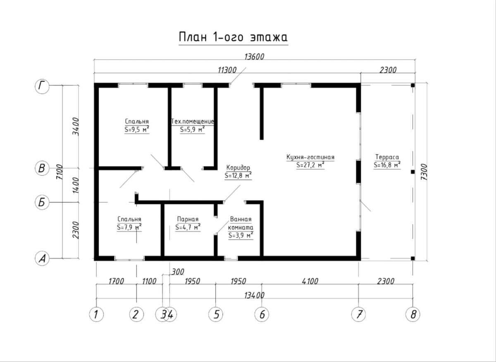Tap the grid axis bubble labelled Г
pos(42,86)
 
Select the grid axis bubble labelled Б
pos(42,202)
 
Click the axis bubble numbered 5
pos(216,314)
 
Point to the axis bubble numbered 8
pos(413,314)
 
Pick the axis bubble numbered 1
pos(96,314)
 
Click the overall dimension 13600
pos(254,57)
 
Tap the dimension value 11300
pos(227,70)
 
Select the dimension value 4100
pos(310,281)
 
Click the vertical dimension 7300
pos(424,172)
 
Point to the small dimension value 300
pos(178,271)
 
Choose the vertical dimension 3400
pos(76,126)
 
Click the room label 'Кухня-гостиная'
pos(310,157)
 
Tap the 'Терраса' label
pos(387,157)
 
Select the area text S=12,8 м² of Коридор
pos(238,176)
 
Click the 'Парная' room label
pos(188,219)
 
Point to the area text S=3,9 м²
pos(241,236)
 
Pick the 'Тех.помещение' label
pos(193,121)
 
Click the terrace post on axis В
pos(413,172)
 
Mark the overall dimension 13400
pos(255,295)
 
